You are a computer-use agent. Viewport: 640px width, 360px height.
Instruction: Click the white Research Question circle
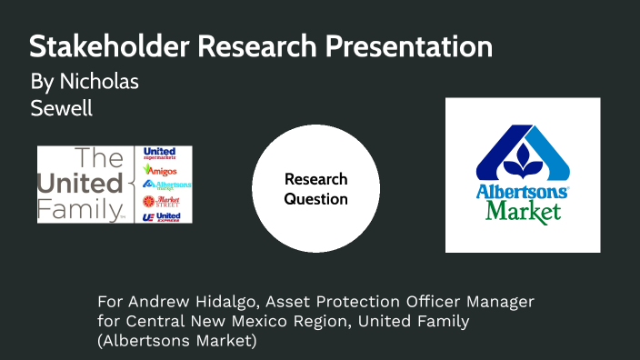click(x=315, y=189)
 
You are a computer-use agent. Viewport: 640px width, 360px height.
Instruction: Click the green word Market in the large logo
click(x=523, y=212)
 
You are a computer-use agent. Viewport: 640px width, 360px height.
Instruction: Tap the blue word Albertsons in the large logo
click(x=522, y=193)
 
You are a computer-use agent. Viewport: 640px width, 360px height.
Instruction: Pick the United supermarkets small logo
click(x=160, y=153)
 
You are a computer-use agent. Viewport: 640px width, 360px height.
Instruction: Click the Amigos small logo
click(x=160, y=169)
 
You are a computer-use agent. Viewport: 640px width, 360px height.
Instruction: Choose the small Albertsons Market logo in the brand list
click(x=166, y=185)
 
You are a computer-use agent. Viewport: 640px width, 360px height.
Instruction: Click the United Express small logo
click(x=162, y=216)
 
